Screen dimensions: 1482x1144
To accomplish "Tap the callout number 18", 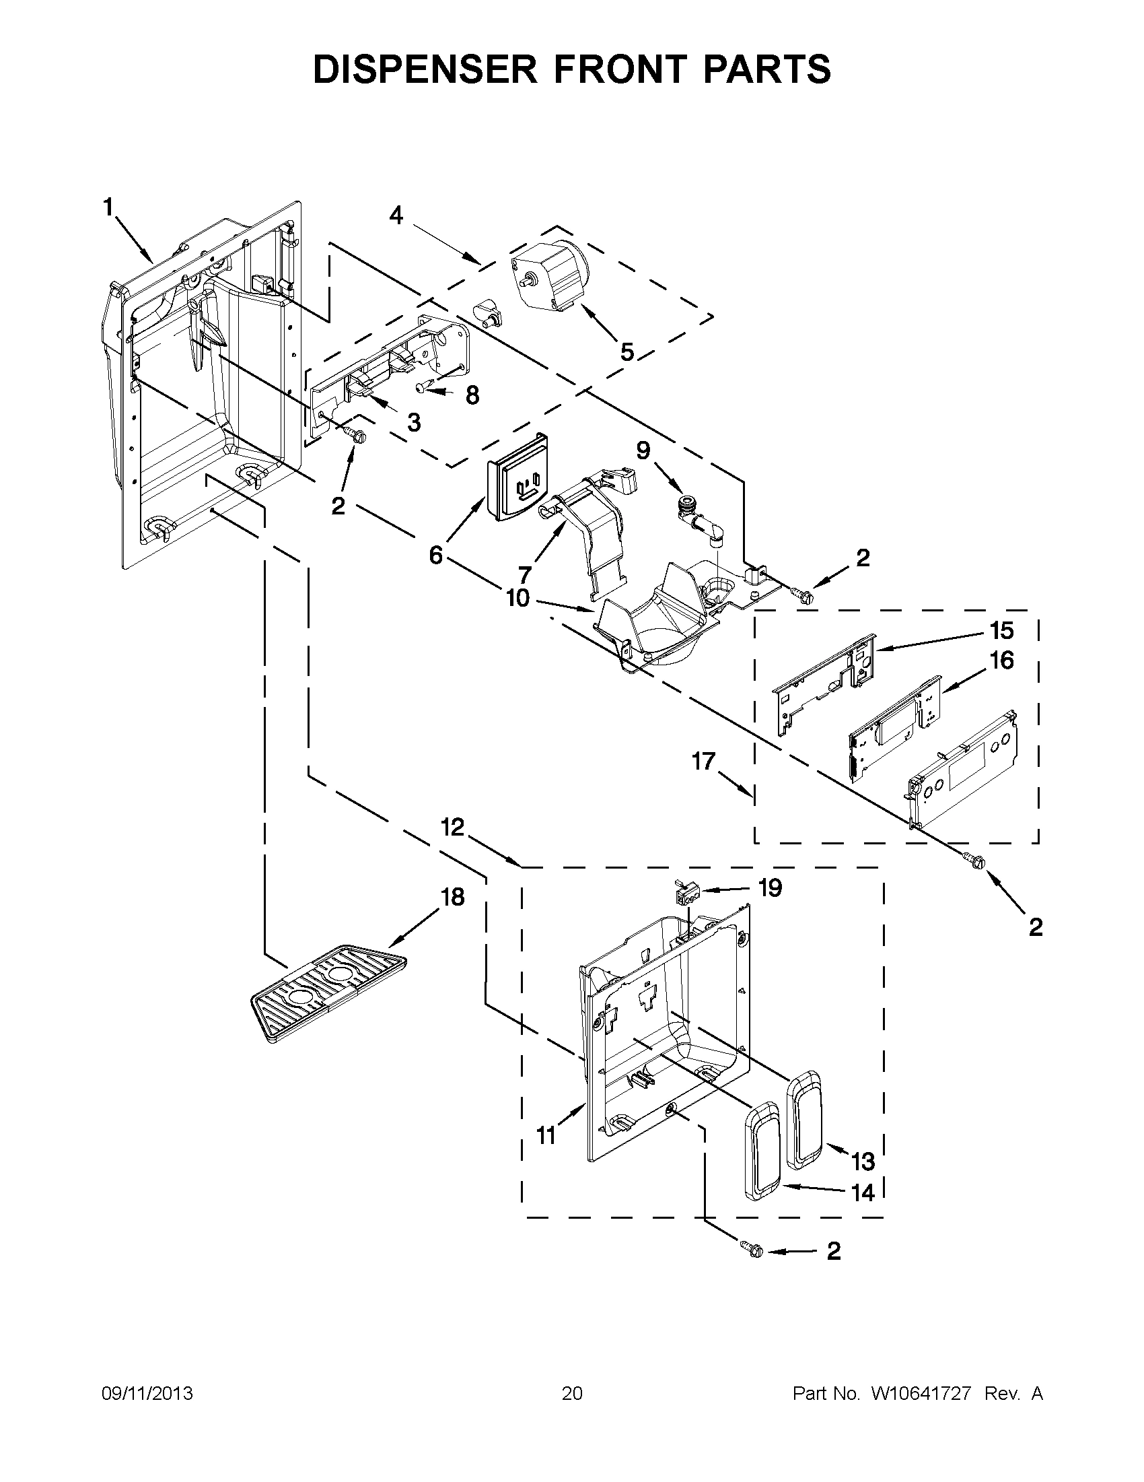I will point(453,896).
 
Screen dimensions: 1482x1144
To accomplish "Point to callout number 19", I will point(770,887).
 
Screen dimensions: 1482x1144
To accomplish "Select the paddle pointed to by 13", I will point(803,1118).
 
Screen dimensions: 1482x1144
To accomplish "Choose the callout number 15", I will point(1001,630).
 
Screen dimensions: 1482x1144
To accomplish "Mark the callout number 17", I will point(704,761).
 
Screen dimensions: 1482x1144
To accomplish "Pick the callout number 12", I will point(453,827).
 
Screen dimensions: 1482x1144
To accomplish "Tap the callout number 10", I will point(517,599).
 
